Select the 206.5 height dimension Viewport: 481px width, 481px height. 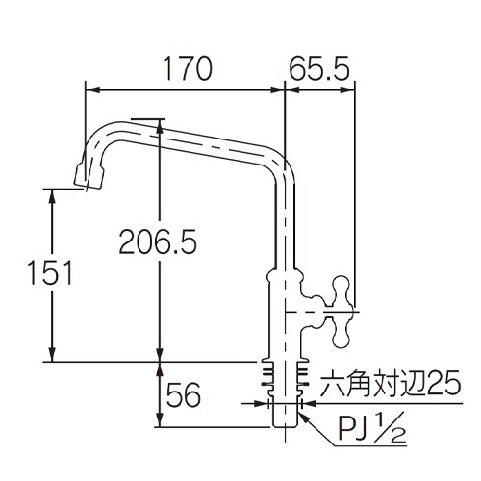[158, 243]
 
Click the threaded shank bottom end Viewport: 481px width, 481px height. [285, 424]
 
